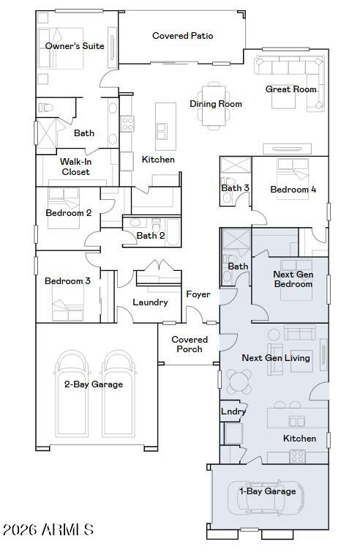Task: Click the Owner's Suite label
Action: [75, 46]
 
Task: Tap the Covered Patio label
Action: [182, 36]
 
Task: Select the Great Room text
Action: [290, 89]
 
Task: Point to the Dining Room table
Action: [216, 105]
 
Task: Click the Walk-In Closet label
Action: [75, 167]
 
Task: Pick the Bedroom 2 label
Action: [68, 213]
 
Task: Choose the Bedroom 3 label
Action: [67, 281]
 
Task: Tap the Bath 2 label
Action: [151, 236]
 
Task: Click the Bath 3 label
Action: [235, 188]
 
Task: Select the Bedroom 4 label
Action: [293, 190]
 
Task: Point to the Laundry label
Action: [150, 302]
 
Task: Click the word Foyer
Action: [198, 294]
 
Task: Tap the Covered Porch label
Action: [190, 344]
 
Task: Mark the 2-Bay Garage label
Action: [94, 384]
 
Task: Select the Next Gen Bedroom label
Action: [293, 280]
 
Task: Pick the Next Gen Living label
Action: [276, 358]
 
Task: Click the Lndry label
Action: [233, 411]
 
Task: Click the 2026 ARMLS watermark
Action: [48, 529]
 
